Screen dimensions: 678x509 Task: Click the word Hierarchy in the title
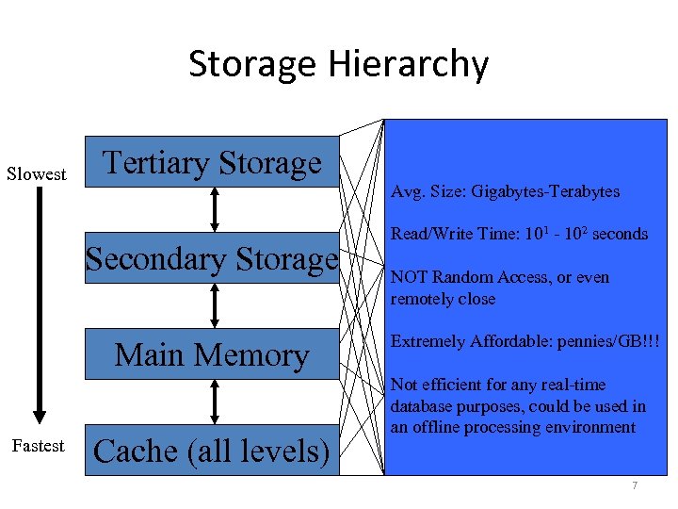point(409,64)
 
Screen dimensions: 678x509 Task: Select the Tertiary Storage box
point(212,162)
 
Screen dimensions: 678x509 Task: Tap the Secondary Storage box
point(212,258)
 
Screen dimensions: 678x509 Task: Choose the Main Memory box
point(212,354)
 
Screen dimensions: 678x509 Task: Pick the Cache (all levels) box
point(212,451)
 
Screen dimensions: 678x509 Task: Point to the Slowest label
point(37,173)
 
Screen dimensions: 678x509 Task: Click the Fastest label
point(38,445)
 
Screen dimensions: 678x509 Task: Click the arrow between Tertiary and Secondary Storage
point(215,209)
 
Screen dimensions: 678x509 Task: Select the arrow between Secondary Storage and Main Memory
point(215,305)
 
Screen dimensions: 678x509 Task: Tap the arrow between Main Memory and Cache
point(215,402)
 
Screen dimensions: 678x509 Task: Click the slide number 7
point(635,485)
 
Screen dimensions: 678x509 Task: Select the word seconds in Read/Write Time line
point(618,234)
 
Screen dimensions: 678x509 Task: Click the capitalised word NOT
point(408,277)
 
